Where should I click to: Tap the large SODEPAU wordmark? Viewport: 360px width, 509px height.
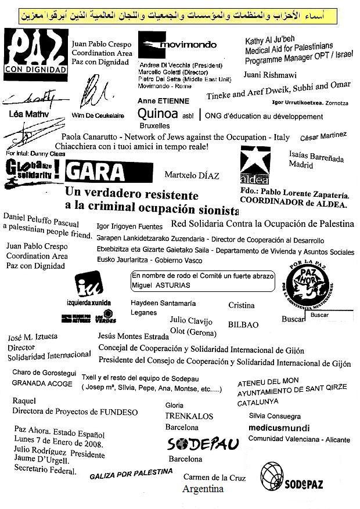(203, 445)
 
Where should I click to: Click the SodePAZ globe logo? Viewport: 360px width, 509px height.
(291, 478)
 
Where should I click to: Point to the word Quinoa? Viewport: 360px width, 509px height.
(158, 114)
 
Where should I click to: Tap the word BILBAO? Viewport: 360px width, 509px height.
(243, 324)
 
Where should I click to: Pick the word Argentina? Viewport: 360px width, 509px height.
(203, 489)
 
